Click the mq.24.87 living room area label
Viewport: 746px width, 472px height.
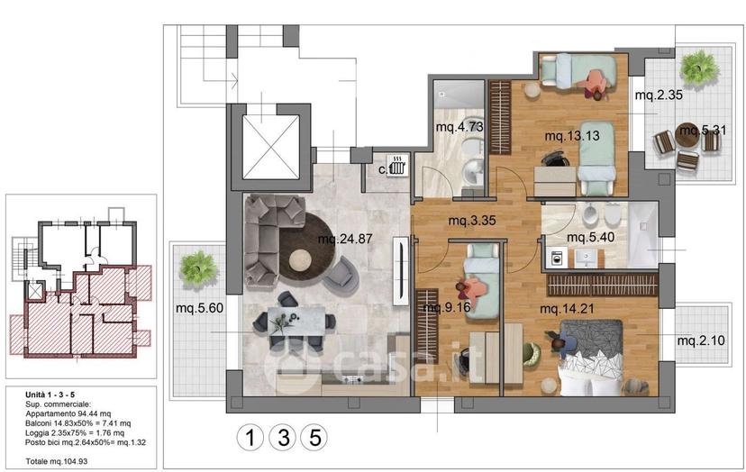click(x=345, y=239)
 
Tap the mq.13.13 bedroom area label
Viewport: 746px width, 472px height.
click(x=572, y=136)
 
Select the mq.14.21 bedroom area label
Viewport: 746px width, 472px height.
click(x=567, y=309)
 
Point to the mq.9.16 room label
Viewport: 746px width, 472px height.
click(x=447, y=307)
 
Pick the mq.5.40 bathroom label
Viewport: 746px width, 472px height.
click(x=590, y=237)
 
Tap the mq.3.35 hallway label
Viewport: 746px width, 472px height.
click(x=472, y=221)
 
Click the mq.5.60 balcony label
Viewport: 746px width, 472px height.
click(x=199, y=308)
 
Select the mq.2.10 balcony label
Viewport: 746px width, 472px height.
click(x=701, y=340)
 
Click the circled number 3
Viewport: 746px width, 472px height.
click(x=284, y=437)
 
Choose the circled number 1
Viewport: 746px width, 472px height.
click(x=250, y=437)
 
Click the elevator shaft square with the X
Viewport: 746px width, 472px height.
click(x=271, y=147)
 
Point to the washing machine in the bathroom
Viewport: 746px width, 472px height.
click(x=556, y=259)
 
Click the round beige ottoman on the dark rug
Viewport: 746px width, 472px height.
click(x=300, y=259)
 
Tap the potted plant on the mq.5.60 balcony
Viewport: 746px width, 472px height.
click(x=199, y=268)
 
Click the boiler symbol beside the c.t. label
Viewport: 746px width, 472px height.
click(x=396, y=166)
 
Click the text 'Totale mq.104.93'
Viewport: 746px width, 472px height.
click(x=57, y=461)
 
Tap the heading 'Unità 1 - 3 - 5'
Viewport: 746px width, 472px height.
click(x=50, y=395)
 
